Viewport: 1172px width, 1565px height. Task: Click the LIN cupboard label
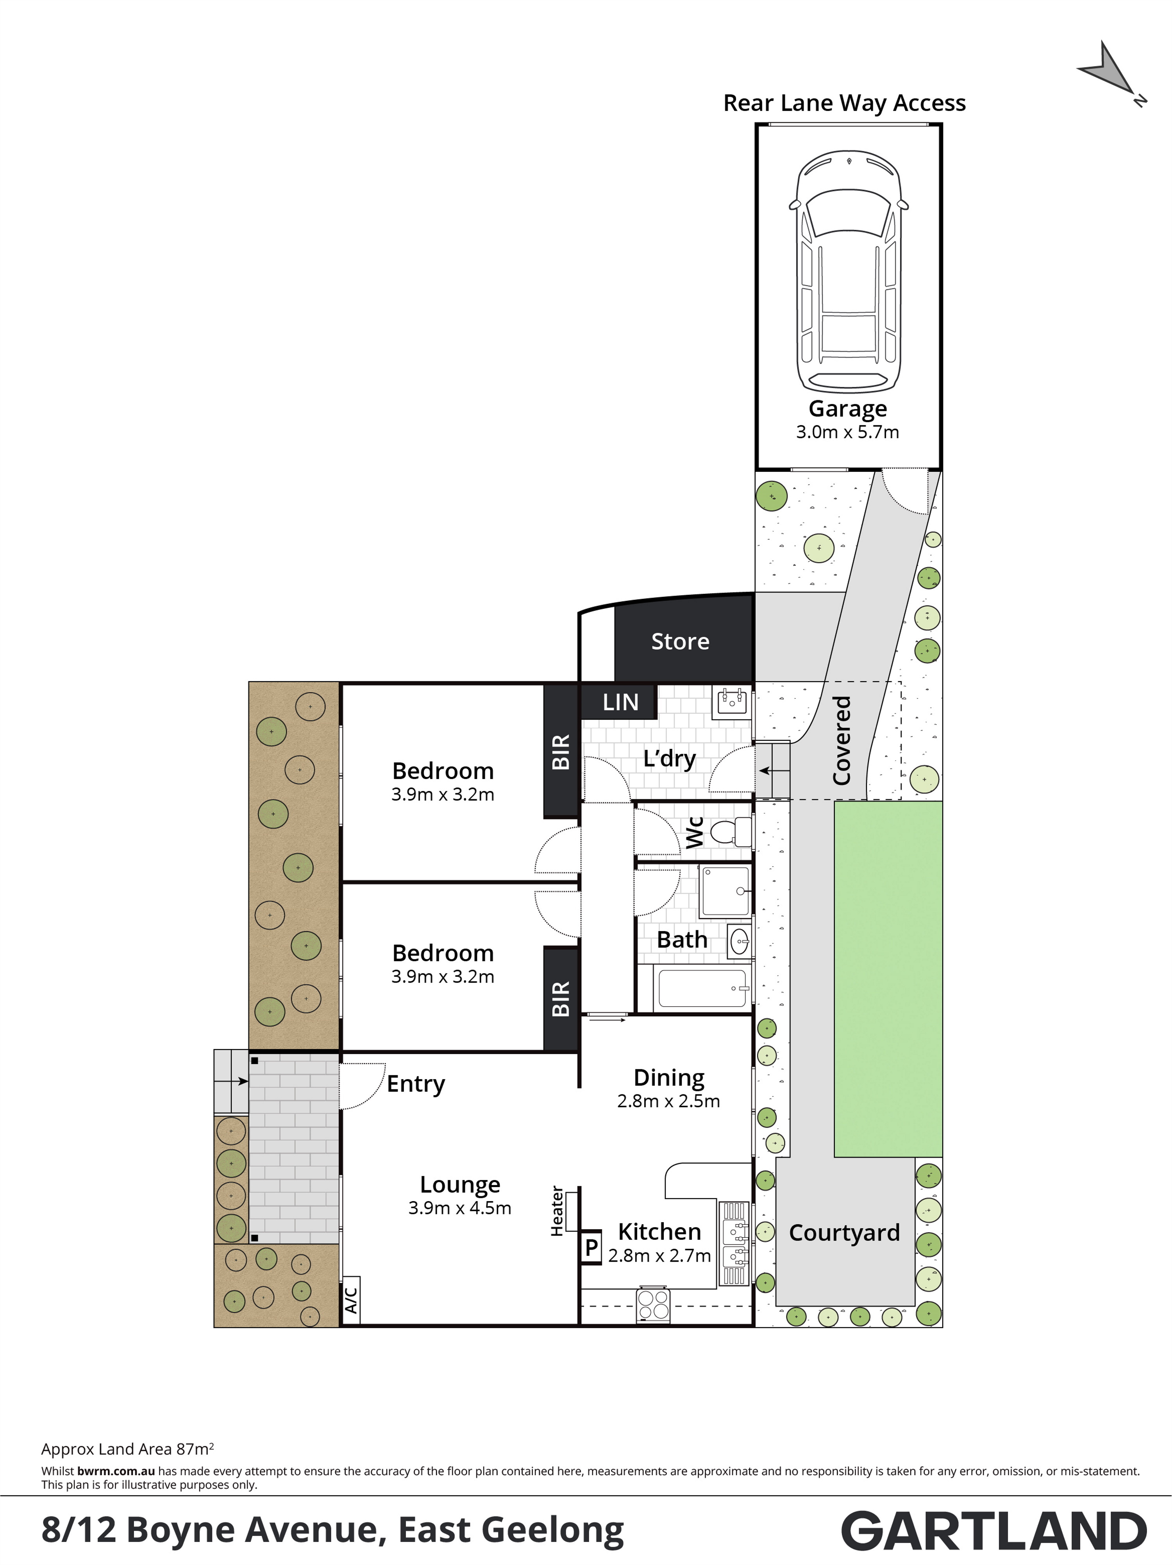pos(620,702)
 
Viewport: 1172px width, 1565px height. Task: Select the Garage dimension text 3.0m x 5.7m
pos(847,432)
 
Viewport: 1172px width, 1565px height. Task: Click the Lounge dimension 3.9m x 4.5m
pos(460,1208)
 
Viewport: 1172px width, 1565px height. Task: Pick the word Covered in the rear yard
pos(841,740)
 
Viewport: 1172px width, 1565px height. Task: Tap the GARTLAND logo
pos(994,1531)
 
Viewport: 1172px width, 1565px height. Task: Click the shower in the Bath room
pos(725,892)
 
